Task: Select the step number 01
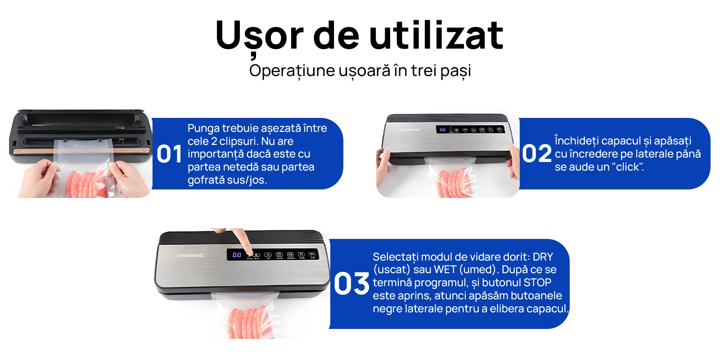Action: pos(169,154)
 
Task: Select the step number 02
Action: pos(536,154)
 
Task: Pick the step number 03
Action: pos(351,284)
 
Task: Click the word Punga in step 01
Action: pos(203,129)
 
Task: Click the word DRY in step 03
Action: pos(543,257)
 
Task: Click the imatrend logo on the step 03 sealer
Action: pos(190,255)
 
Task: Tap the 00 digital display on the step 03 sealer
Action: pos(237,255)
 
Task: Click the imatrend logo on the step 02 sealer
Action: pos(409,130)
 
